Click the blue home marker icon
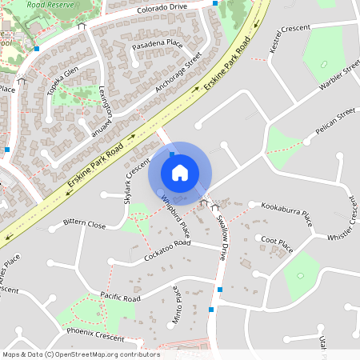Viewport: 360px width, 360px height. [x=180, y=172]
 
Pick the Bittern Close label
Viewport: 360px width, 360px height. [x=84, y=224]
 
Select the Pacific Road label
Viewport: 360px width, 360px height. [x=120, y=297]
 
